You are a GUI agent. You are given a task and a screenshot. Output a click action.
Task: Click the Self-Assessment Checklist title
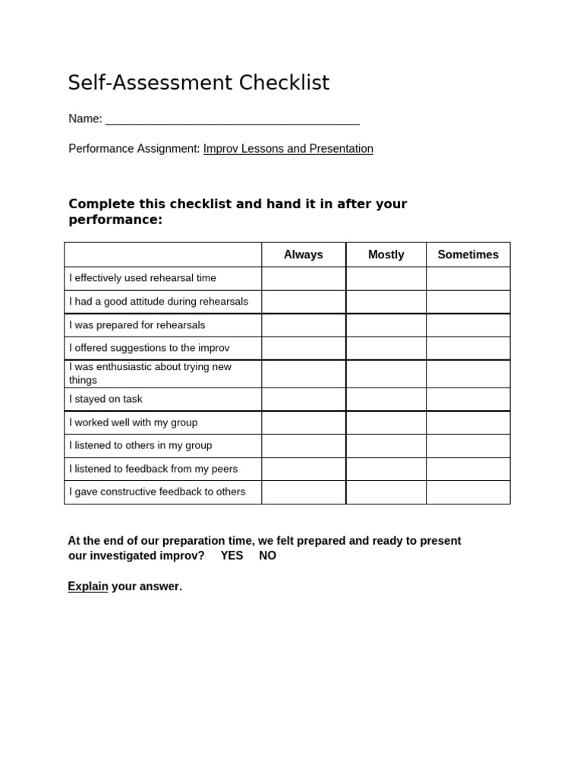199,83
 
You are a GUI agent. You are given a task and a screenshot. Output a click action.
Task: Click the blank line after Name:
232,119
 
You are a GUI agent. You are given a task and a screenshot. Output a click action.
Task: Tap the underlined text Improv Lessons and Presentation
288,149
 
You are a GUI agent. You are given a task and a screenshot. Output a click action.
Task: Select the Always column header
304,255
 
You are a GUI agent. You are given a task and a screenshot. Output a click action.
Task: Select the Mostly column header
386,255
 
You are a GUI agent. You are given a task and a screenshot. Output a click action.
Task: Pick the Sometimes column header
468,255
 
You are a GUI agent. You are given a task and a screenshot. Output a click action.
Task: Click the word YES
232,555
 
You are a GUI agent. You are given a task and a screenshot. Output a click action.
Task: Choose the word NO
267,555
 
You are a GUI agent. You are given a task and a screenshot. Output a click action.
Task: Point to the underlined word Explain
88,587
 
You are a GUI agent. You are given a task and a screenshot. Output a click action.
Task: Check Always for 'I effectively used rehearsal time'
304,278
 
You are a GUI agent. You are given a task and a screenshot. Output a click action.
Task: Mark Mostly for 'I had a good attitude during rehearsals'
386,302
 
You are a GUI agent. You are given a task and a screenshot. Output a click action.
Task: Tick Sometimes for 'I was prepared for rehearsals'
468,325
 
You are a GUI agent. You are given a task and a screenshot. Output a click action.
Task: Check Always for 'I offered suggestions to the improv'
304,348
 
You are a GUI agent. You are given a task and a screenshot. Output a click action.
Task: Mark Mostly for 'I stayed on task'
386,399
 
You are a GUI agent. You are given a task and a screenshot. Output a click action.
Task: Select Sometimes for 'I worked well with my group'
468,422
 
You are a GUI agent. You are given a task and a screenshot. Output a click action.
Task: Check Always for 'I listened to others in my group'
304,445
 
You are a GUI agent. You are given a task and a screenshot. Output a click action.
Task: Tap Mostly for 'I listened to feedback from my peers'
386,469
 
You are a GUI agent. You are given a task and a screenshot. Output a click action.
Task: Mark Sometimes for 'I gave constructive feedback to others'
468,492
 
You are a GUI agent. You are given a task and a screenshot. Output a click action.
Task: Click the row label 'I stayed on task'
106,399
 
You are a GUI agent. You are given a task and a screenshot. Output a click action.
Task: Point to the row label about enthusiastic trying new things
150,373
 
